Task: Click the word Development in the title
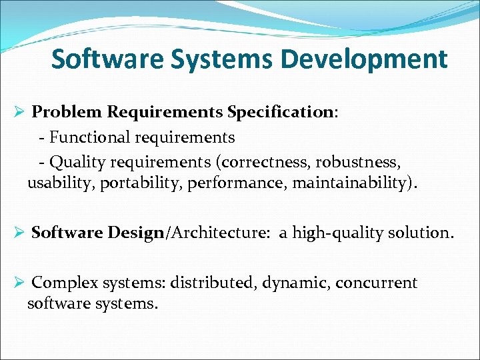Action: [363, 59]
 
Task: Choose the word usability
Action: [61, 184]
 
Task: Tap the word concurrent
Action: [376, 283]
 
